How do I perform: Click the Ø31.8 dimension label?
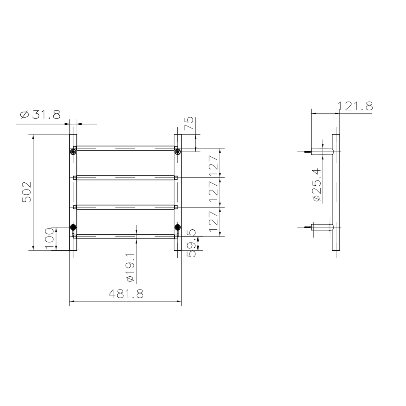40,115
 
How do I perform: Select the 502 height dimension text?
26,192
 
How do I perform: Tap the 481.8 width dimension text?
126,294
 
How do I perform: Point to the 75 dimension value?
189,124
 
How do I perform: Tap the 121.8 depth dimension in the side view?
355,106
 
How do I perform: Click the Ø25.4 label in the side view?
317,185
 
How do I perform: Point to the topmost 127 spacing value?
214,163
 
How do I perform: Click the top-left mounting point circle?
73,151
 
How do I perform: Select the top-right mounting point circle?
177,151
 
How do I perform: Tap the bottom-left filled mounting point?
73,227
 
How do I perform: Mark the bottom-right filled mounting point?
177,227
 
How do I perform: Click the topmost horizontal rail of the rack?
125,148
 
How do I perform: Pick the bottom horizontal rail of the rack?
125,236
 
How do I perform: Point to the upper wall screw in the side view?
307,152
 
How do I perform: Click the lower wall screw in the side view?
307,227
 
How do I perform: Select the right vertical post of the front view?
178,192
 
